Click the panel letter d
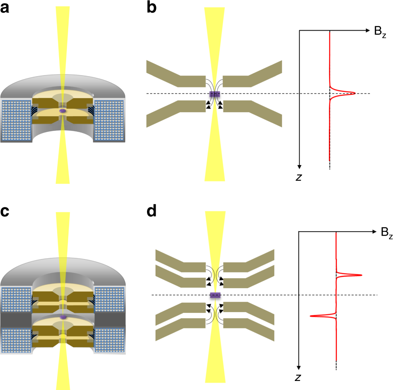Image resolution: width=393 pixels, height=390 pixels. coord(152,213)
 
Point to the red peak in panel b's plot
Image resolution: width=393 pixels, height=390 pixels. coord(353,94)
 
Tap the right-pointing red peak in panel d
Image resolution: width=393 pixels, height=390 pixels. coord(361,275)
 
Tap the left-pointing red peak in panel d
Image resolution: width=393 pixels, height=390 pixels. coord(312,316)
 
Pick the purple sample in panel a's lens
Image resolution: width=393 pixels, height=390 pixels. coord(62,111)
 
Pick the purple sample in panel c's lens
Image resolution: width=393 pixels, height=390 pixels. coord(62,317)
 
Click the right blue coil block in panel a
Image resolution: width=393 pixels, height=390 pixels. coord(109,120)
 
